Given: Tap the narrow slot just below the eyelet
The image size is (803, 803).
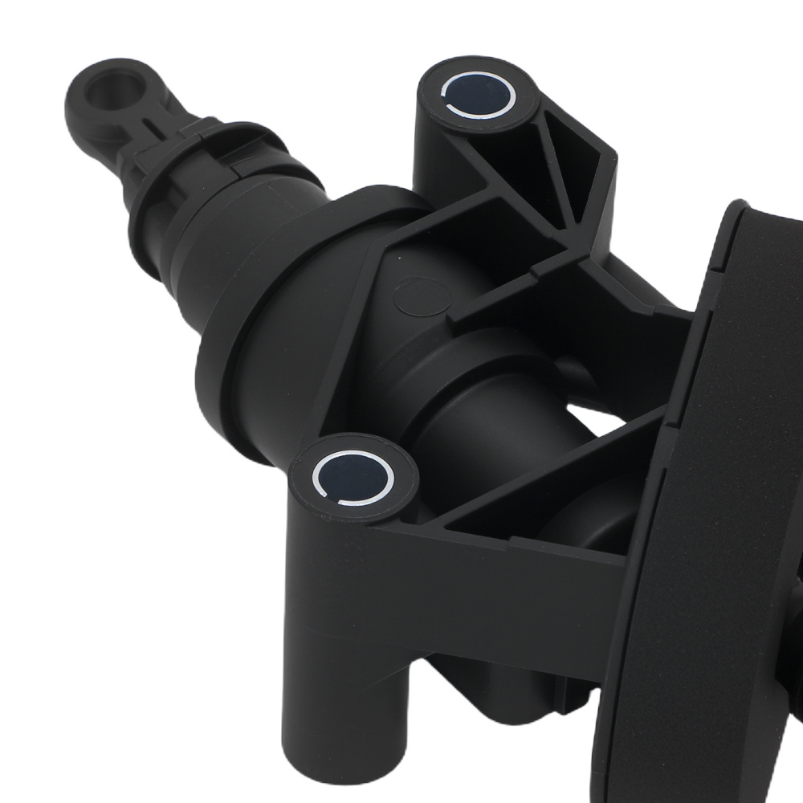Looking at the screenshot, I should pyautogui.click(x=147, y=125).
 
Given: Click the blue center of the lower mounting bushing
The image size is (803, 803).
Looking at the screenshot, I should pyautogui.click(x=353, y=478).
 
